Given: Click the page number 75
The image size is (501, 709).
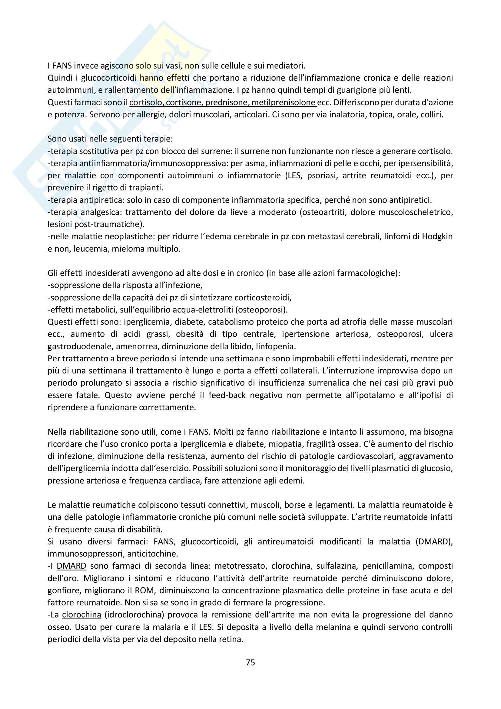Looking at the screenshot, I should pyautogui.click(x=250, y=662).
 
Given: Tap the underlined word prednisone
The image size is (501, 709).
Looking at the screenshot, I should pyautogui.click(x=227, y=102).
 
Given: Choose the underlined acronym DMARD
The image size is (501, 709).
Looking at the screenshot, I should pyautogui.click(x=71, y=566).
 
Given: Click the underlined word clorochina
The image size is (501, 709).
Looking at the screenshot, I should pyautogui.click(x=81, y=615).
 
